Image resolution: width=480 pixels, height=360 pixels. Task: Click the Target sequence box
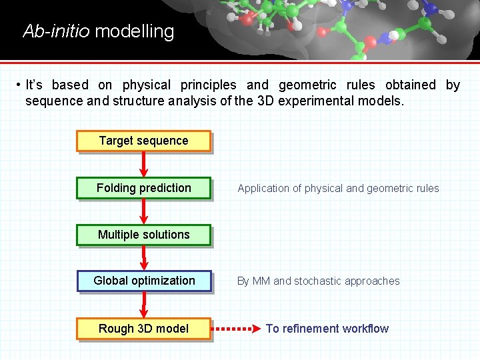coord(143,141)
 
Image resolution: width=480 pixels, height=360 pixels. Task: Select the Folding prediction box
coord(143,188)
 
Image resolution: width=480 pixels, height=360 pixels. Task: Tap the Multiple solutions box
coord(143,235)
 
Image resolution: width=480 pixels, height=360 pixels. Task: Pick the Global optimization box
coord(144,281)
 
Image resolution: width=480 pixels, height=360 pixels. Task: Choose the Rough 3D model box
coord(143,329)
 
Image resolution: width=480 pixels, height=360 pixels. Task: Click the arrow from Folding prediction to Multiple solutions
coord(144,211)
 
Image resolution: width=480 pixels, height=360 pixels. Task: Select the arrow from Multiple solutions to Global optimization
coord(144,258)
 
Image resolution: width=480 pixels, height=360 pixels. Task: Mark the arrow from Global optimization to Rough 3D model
coord(144,305)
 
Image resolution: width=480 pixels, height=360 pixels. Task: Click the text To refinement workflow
coord(327,328)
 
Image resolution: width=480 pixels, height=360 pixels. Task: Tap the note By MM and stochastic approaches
coord(319,281)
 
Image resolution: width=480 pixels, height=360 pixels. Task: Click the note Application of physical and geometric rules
coord(338,189)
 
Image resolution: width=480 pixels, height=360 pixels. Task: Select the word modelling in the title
coord(135,31)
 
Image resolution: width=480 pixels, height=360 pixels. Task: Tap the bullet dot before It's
coord(19,85)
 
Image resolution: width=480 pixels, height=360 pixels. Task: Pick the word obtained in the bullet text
coord(410,85)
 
